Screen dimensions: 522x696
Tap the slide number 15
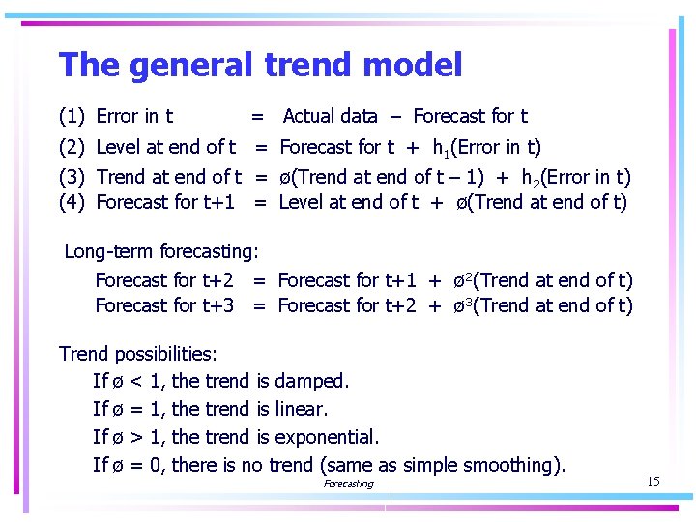point(653,481)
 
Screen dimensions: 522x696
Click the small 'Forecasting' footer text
point(348,484)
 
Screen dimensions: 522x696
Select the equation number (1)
point(72,117)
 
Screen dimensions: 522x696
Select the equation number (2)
point(72,148)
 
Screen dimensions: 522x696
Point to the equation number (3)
point(72,177)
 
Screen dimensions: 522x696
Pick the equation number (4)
point(72,203)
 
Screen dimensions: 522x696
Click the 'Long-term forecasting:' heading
point(161,252)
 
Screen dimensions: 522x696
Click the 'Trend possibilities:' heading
point(138,355)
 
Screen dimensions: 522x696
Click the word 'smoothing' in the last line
point(510,465)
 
